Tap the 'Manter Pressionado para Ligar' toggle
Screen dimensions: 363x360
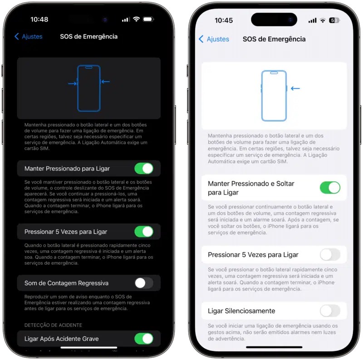click(x=144, y=168)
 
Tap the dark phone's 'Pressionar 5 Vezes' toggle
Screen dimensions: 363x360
click(x=144, y=232)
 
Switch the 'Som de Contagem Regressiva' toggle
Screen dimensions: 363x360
click(x=144, y=283)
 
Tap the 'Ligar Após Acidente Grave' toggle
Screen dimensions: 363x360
click(x=144, y=339)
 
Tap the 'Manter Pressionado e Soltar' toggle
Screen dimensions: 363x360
click(x=330, y=188)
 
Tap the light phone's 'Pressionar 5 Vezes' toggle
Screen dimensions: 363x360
click(x=330, y=255)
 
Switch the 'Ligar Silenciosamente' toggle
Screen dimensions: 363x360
click(x=330, y=311)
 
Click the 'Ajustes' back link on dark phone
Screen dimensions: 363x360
click(x=28, y=37)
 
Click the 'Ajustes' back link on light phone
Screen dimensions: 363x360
click(x=214, y=39)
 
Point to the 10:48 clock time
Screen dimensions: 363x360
click(x=39, y=19)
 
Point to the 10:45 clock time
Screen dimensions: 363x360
click(x=224, y=20)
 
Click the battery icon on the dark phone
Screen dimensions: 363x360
click(x=148, y=19)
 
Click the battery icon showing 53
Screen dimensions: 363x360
click(x=334, y=20)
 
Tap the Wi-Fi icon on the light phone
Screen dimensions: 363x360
click(x=323, y=20)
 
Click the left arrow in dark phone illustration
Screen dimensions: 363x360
click(x=72, y=83)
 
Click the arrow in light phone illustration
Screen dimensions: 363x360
click(x=295, y=88)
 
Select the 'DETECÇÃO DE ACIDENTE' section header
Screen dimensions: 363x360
click(x=53, y=325)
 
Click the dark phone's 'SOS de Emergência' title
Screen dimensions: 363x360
click(x=88, y=37)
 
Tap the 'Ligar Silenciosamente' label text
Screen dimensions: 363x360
click(x=241, y=311)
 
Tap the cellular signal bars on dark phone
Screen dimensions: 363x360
click(x=125, y=19)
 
